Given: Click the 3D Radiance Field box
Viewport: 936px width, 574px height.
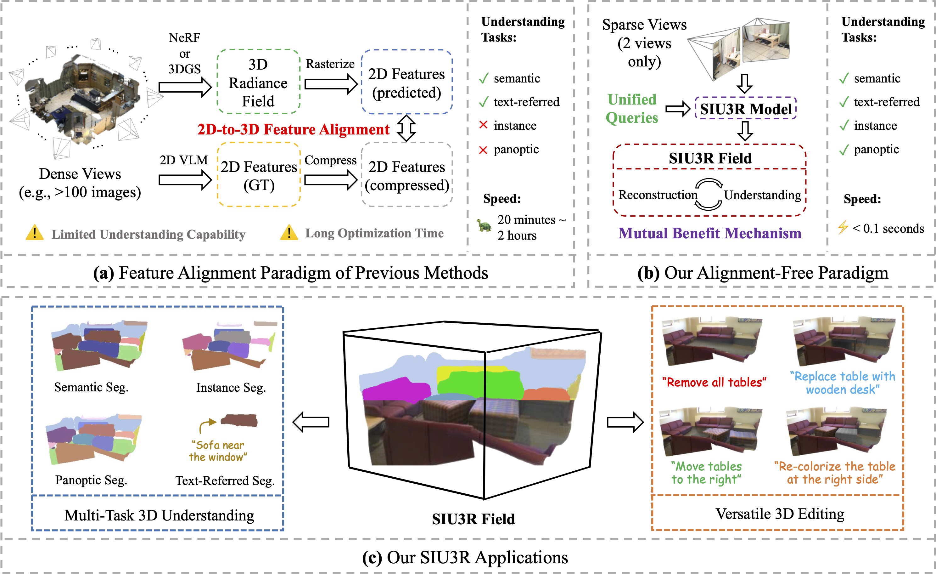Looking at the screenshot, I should pyautogui.click(x=258, y=82).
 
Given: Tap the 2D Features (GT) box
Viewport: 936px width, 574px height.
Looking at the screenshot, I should pyautogui.click(x=259, y=175).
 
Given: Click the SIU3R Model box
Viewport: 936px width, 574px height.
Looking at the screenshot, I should pyautogui.click(x=746, y=109).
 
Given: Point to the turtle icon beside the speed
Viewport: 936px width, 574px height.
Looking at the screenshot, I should pyautogui.click(x=484, y=226).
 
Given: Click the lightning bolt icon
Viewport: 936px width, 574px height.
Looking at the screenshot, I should pyautogui.click(x=843, y=227).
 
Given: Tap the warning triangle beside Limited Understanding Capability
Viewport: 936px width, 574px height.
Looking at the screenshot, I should pyautogui.click(x=35, y=233).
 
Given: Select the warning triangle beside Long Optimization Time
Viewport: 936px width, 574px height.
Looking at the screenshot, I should pyautogui.click(x=289, y=233).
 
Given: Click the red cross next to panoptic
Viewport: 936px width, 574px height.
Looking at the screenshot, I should pyautogui.click(x=483, y=150).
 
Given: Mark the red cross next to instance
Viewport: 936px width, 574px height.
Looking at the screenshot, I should pyautogui.click(x=483, y=125).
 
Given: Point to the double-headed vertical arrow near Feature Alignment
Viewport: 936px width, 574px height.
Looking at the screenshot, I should pyautogui.click(x=406, y=128).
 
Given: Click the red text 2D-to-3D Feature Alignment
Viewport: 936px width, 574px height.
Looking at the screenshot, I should pyautogui.click(x=293, y=129).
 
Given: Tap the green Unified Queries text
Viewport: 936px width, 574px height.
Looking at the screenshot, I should pyautogui.click(x=632, y=109).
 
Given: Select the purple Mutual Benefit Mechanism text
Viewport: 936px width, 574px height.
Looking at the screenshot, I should pyautogui.click(x=709, y=233).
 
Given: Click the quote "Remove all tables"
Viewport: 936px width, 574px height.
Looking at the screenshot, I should pyautogui.click(x=714, y=382).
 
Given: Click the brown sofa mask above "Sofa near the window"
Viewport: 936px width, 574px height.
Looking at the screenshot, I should pyautogui.click(x=239, y=420).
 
